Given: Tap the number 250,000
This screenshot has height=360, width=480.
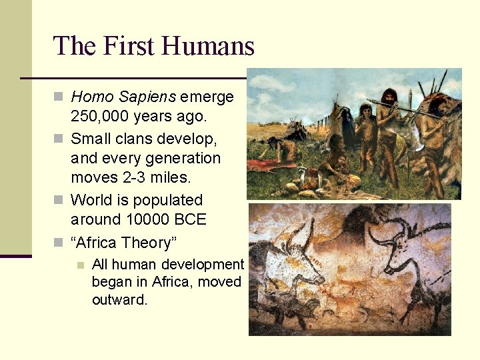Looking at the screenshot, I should pyautogui.click(x=99, y=117).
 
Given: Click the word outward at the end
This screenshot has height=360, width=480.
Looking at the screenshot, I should pyautogui.click(x=119, y=300).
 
